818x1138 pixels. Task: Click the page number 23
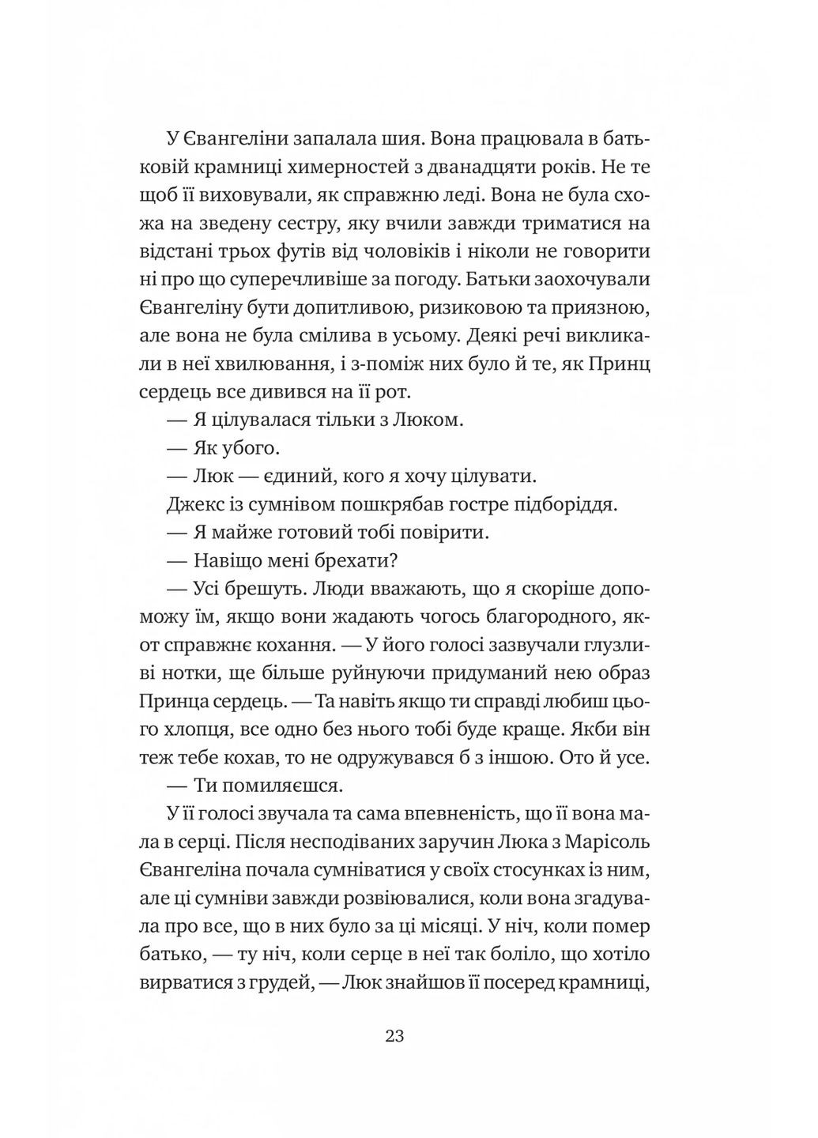click(395, 1036)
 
